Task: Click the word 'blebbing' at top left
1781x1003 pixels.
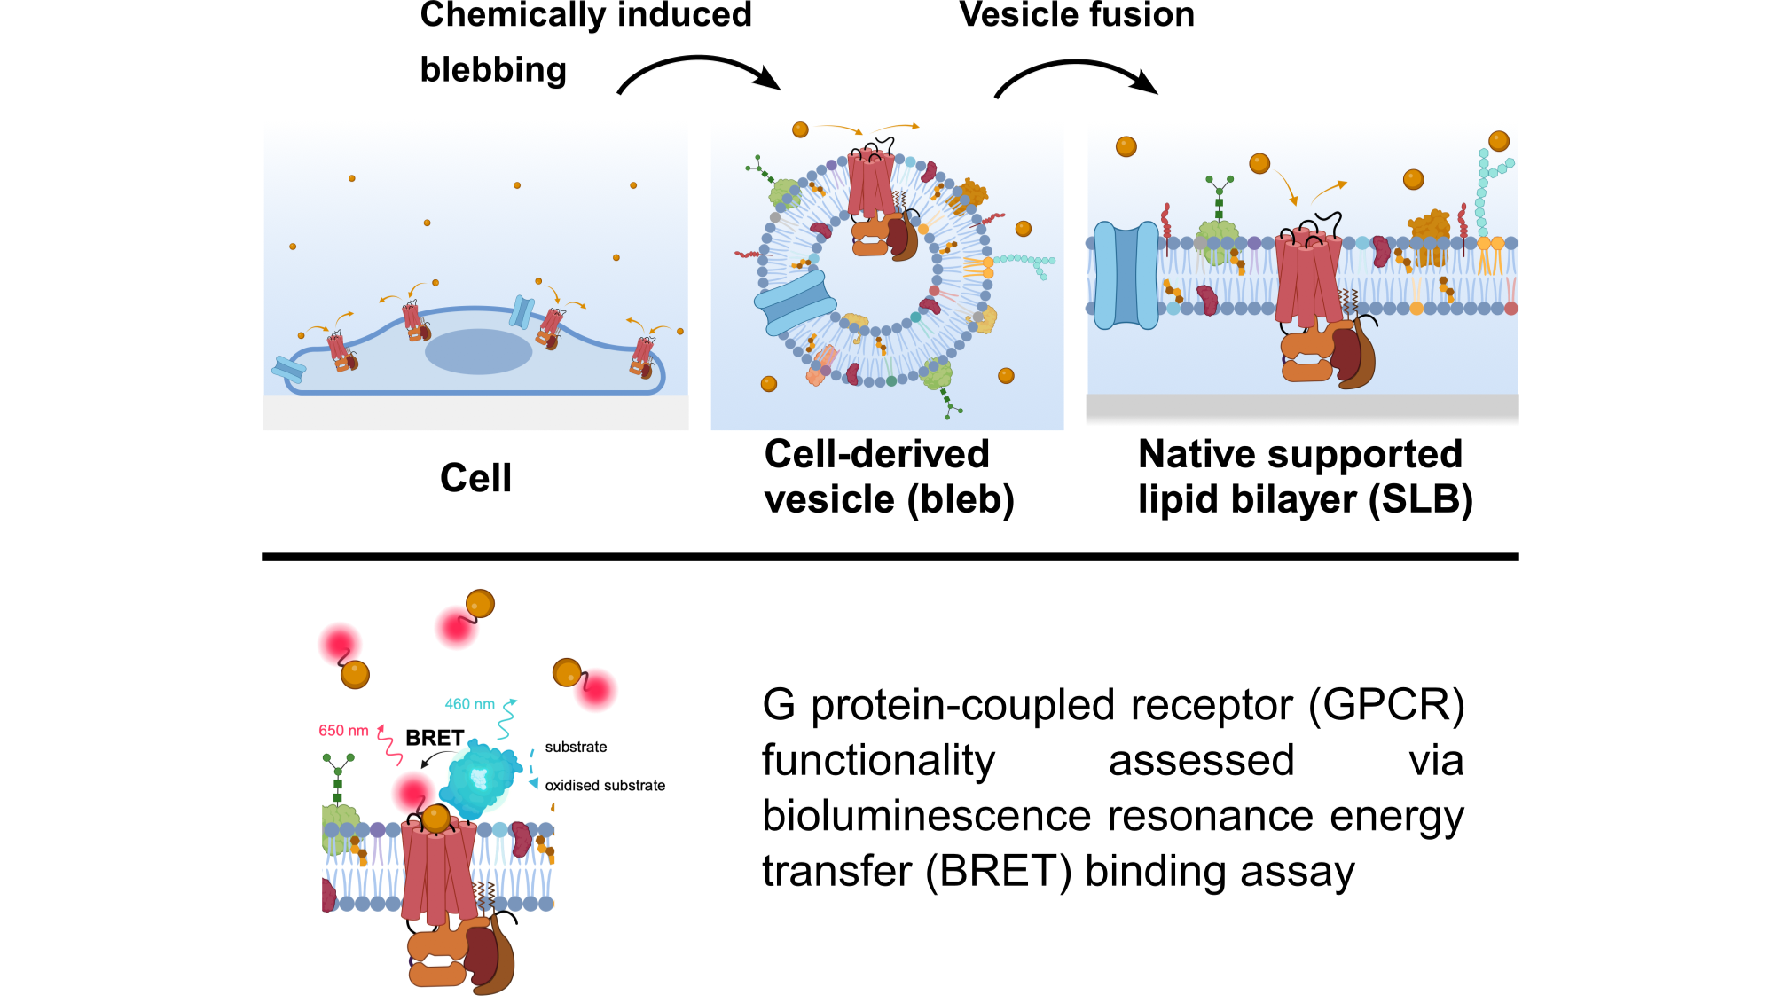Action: pyautogui.click(x=493, y=69)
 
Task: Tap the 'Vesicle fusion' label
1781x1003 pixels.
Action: pyautogui.click(x=1077, y=15)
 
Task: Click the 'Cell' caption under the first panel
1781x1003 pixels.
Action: pyautogui.click(x=476, y=478)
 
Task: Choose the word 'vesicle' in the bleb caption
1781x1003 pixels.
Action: pyautogui.click(x=830, y=499)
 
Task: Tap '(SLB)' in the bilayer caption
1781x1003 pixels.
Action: pyautogui.click(x=1421, y=499)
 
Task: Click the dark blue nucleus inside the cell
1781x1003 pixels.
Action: pyautogui.click(x=478, y=351)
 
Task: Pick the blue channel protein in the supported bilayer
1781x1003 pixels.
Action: pyautogui.click(x=1126, y=275)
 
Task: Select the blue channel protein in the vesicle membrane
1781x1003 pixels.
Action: pyautogui.click(x=795, y=302)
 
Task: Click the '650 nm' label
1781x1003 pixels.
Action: pyautogui.click(x=343, y=731)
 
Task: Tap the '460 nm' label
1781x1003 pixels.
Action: pyautogui.click(x=470, y=704)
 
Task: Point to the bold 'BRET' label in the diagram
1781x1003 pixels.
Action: pyautogui.click(x=435, y=738)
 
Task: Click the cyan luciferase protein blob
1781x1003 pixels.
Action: pyautogui.click(x=481, y=780)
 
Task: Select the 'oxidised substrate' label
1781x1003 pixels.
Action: pyautogui.click(x=605, y=786)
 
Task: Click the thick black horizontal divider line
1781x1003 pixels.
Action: pyautogui.click(x=890, y=557)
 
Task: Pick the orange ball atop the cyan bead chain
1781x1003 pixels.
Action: pyautogui.click(x=1499, y=140)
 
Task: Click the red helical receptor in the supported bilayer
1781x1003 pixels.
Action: pyautogui.click(x=1307, y=277)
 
